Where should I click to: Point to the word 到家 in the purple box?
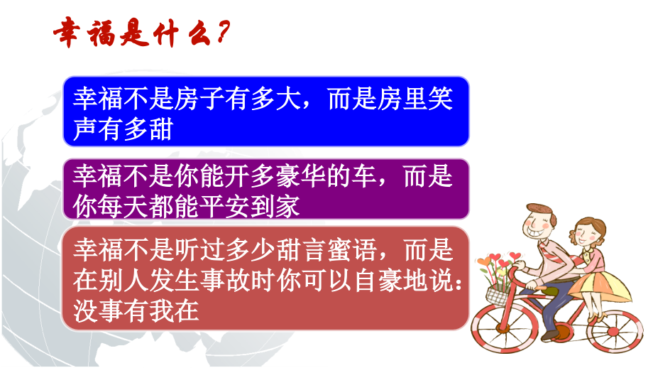click(280, 206)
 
